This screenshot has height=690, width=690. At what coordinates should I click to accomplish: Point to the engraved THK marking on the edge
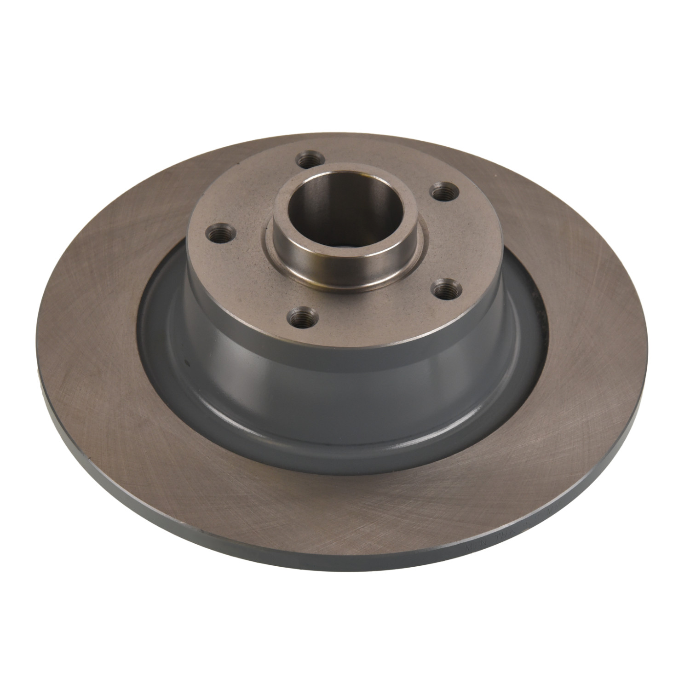(x=499, y=538)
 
